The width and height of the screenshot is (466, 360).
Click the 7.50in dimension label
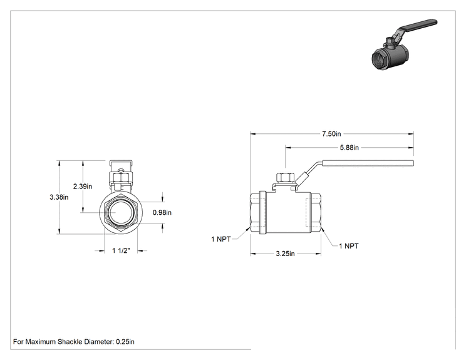pos(331,134)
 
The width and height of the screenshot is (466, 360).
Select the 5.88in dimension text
pos(349,147)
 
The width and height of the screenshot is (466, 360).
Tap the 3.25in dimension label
pos(286,254)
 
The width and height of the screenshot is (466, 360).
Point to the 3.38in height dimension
pos(59,197)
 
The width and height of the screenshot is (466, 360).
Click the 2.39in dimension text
pos(83,186)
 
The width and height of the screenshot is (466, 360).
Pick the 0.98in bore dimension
pos(162,212)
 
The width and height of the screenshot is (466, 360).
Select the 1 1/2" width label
pos(121,250)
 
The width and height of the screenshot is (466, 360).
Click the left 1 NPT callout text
pos(221,239)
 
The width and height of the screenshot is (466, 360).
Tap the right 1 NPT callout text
pos(349,246)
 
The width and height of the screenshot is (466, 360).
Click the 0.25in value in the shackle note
pos(125,342)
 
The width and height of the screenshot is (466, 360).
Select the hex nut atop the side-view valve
pos(286,177)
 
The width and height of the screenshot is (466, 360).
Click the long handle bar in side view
pos(368,163)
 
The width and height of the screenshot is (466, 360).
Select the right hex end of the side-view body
pos(316,213)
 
